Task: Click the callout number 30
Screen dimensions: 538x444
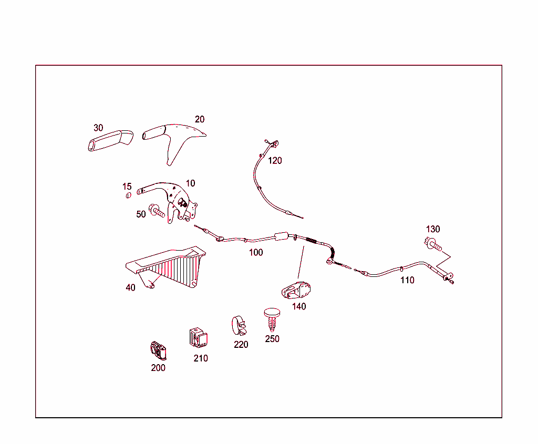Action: [98, 128]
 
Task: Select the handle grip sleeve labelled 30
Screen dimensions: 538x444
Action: [110, 140]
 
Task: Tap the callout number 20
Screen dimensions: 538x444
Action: [199, 119]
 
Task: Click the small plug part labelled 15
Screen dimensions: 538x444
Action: [128, 195]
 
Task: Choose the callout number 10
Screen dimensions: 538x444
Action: [190, 183]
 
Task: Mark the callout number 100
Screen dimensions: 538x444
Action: [256, 253]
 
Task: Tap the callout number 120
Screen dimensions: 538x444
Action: [275, 161]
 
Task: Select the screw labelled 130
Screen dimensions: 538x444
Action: [433, 244]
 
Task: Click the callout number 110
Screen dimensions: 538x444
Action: [407, 281]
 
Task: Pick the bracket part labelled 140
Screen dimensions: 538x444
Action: [296, 290]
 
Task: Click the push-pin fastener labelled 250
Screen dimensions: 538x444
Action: [272, 319]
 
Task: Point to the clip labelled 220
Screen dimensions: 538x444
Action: [239, 326]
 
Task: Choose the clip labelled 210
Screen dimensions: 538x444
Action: [198, 337]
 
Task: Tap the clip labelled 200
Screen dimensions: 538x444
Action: [158, 350]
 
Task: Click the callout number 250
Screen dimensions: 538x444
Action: [272, 339]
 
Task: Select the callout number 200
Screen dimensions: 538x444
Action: [158, 368]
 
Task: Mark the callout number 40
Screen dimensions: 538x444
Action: [130, 287]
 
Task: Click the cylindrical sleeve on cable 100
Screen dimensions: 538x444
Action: [282, 236]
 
